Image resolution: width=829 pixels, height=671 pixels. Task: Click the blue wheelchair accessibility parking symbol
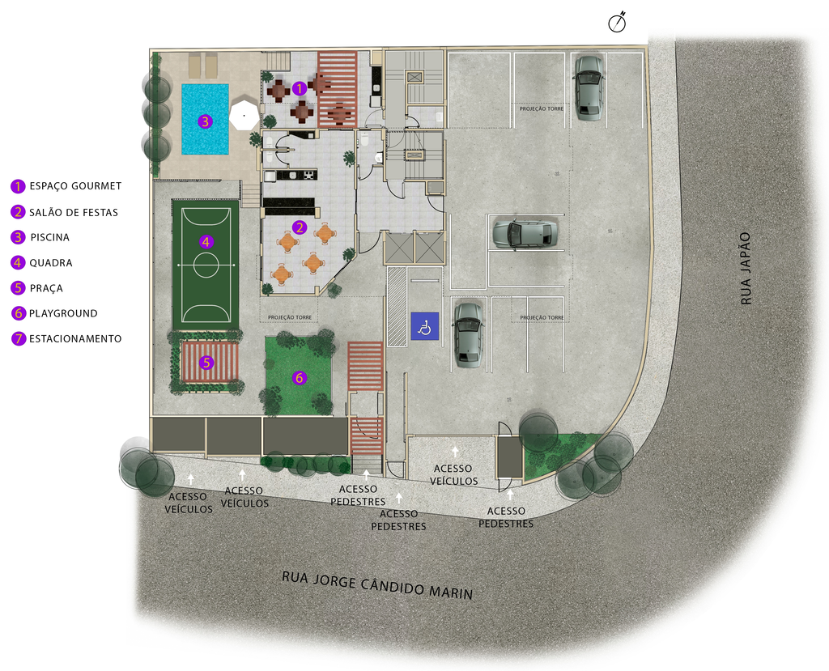[425, 326]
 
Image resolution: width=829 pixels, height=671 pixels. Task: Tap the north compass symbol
[616, 23]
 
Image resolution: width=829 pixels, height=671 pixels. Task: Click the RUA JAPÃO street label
[746, 269]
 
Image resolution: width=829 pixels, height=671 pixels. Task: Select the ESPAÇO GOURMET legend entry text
[75, 186]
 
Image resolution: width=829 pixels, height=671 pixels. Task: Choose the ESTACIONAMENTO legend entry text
[75, 338]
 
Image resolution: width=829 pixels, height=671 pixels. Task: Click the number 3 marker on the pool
[205, 121]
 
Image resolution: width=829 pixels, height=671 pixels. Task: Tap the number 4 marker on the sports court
[206, 242]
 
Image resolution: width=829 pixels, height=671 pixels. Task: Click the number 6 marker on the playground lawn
[300, 377]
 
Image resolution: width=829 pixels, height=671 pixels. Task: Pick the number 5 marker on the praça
[206, 362]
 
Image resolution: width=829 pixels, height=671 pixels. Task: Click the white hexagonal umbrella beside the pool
[244, 113]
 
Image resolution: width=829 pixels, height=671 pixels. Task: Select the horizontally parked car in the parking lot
[525, 233]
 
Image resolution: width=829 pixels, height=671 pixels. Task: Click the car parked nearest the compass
[589, 87]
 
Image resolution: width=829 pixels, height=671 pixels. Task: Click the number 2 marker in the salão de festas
[300, 227]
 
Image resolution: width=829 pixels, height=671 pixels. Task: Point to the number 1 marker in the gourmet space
[299, 88]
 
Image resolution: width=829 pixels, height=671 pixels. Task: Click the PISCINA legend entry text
[49, 237]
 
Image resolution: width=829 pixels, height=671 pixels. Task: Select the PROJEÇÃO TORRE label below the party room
[289, 317]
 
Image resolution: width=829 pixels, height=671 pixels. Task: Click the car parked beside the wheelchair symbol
[468, 335]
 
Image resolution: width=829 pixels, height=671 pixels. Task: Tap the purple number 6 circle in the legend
[19, 313]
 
